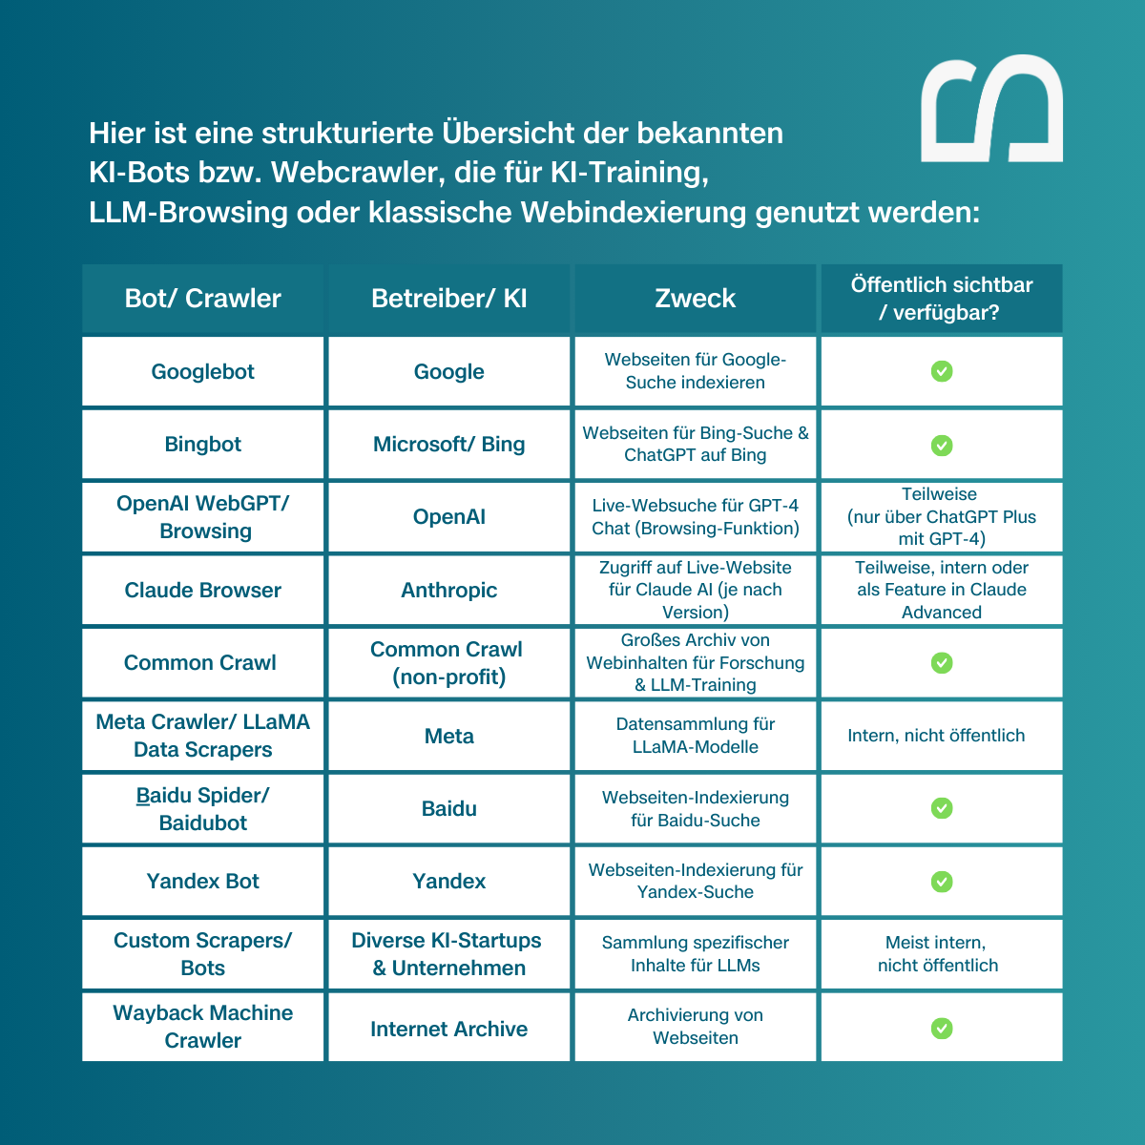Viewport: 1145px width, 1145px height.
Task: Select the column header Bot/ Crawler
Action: click(203, 299)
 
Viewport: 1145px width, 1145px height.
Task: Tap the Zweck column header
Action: click(695, 299)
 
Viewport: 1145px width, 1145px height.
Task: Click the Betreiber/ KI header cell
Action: click(449, 299)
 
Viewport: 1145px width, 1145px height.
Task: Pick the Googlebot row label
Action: click(203, 372)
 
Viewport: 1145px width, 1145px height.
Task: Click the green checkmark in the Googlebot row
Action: click(942, 371)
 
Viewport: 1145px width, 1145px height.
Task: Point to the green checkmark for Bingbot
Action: click(942, 445)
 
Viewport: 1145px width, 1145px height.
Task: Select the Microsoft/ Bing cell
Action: click(449, 445)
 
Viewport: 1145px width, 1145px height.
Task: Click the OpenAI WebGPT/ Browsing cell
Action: click(203, 517)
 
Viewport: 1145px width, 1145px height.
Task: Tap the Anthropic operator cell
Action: click(449, 591)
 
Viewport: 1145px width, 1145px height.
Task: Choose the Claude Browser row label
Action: click(203, 591)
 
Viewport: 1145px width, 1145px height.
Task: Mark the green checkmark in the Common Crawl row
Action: click(942, 662)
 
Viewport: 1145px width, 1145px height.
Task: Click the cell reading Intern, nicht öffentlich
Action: click(936, 736)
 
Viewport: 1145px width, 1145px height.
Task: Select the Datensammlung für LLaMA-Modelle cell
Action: click(695, 736)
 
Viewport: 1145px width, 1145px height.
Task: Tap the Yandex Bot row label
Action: click(203, 882)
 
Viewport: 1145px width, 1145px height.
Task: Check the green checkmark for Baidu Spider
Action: click(942, 808)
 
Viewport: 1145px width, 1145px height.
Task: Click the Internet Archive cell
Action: click(449, 1030)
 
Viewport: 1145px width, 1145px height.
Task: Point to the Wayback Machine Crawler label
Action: click(203, 1027)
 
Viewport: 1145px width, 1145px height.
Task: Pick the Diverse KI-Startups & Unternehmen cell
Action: click(448, 954)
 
